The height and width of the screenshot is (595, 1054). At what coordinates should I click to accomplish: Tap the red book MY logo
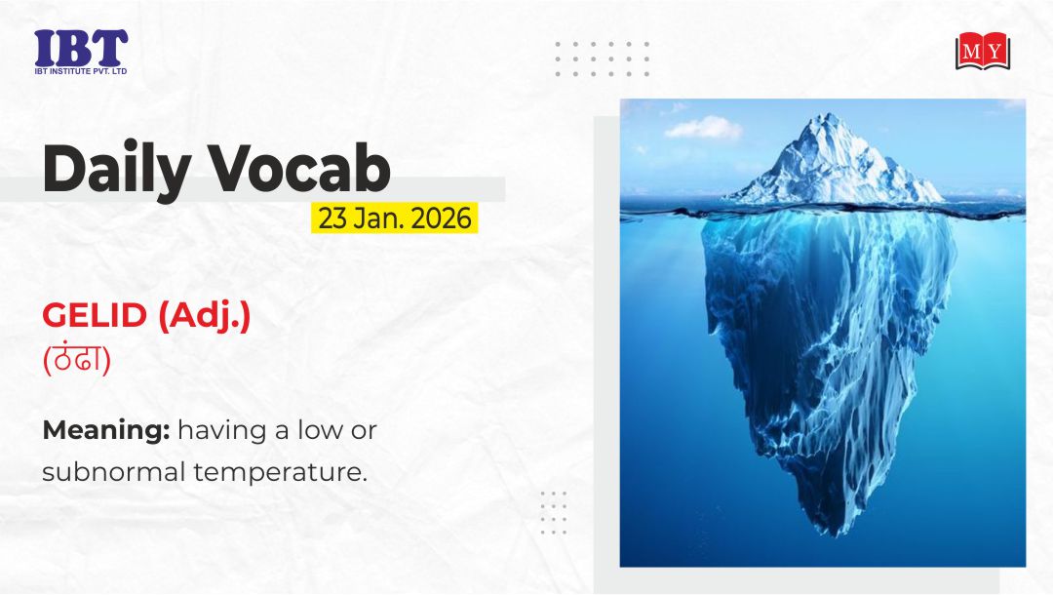click(x=983, y=51)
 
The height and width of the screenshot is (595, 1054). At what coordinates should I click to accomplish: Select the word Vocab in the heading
click(x=299, y=168)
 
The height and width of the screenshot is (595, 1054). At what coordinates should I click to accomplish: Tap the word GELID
click(x=95, y=315)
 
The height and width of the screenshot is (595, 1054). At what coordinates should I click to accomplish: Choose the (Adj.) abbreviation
click(x=205, y=316)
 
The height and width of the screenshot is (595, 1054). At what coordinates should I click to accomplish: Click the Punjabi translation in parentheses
click(x=77, y=358)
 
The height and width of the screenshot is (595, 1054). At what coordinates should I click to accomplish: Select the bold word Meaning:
click(x=106, y=430)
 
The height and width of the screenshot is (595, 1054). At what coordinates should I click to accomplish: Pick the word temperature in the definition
click(x=280, y=472)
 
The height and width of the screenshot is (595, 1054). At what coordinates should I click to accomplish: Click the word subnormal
click(x=114, y=471)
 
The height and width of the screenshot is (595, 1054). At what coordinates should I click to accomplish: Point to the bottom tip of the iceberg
click(x=834, y=534)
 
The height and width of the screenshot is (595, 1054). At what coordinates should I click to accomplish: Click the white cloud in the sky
click(x=703, y=128)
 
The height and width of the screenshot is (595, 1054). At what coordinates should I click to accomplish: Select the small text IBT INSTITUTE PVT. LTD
click(x=81, y=71)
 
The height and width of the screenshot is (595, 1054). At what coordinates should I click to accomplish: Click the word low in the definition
click(x=320, y=429)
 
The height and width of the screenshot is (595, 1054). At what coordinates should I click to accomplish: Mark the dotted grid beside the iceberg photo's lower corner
click(x=554, y=512)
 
